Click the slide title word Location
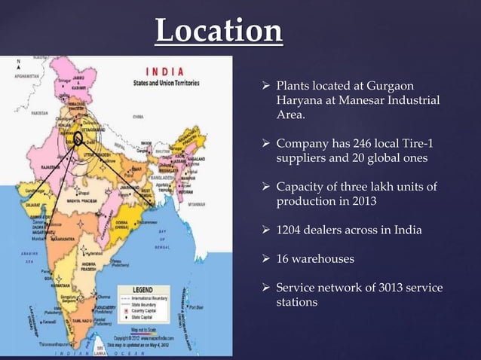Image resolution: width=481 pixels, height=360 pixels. tap(219, 31)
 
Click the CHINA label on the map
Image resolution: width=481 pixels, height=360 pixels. tap(138, 117)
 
